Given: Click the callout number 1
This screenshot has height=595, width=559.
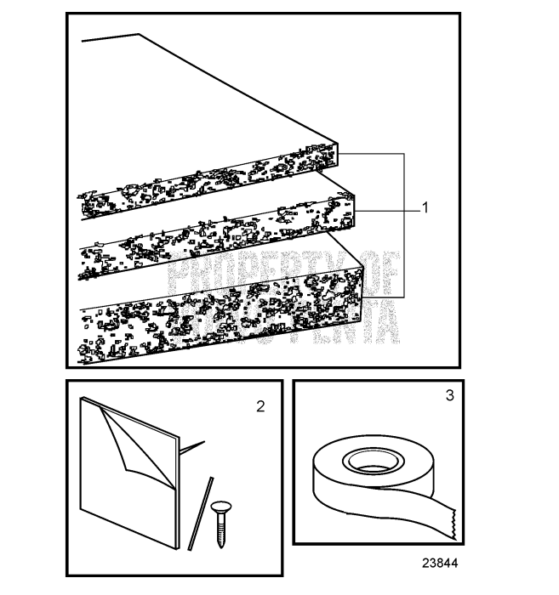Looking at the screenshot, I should click(425, 207).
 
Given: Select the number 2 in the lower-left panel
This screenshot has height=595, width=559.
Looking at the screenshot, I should click(260, 405).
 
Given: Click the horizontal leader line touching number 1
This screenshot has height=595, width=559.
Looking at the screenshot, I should click(388, 209).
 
